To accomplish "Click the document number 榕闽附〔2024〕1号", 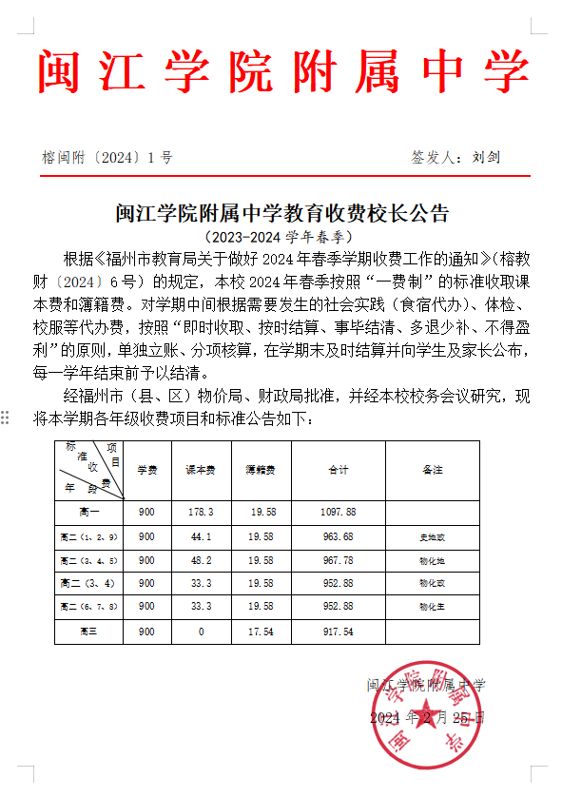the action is coord(107,158).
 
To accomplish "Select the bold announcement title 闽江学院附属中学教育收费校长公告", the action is coord(281,211).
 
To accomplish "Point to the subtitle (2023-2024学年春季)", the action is coord(280,236).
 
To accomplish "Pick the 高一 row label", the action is coord(88,512).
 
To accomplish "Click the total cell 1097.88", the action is coord(339,512).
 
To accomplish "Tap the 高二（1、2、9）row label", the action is coord(88,537).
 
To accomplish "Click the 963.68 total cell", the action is coord(339,537).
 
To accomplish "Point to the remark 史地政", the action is coord(433,537).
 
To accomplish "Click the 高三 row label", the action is coord(88,631).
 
